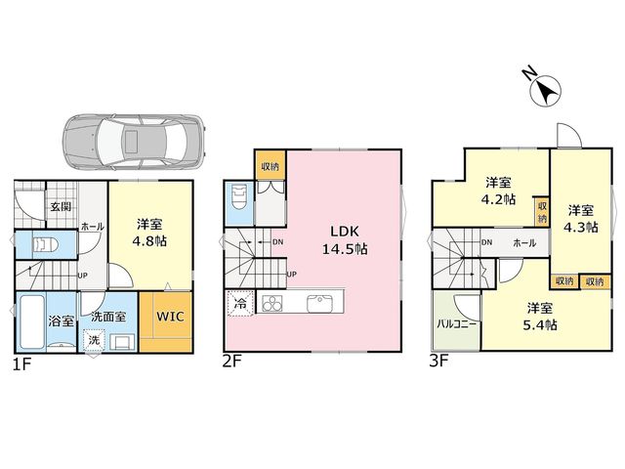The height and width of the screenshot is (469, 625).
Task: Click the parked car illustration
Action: click(135, 142)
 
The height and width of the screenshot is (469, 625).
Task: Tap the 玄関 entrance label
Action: click(61, 206)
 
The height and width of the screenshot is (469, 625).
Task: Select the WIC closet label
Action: click(170, 317)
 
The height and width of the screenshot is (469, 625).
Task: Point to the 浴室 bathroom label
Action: click(61, 321)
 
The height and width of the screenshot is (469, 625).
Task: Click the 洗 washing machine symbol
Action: click(94, 340)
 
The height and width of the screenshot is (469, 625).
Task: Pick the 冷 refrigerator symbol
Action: click(240, 304)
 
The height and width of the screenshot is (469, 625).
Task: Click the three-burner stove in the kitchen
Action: click(272, 304)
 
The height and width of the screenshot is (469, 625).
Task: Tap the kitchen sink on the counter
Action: click(319, 304)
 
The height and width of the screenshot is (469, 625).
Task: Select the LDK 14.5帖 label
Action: click(345, 240)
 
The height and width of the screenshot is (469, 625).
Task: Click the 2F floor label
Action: click(232, 362)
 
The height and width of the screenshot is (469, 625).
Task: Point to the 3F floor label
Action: click(439, 362)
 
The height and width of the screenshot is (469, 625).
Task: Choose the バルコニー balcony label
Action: click(457, 323)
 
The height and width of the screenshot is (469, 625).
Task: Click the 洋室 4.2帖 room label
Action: click(499, 192)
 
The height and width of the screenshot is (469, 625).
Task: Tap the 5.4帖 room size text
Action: click(540, 325)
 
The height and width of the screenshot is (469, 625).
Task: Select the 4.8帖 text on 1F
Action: click(149, 241)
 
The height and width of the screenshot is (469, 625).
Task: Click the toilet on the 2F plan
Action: click(238, 197)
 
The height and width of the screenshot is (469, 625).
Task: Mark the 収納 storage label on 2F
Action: click(271, 166)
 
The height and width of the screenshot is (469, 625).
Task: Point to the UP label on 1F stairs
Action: click(82, 276)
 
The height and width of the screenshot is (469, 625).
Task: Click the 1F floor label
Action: click(21, 364)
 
